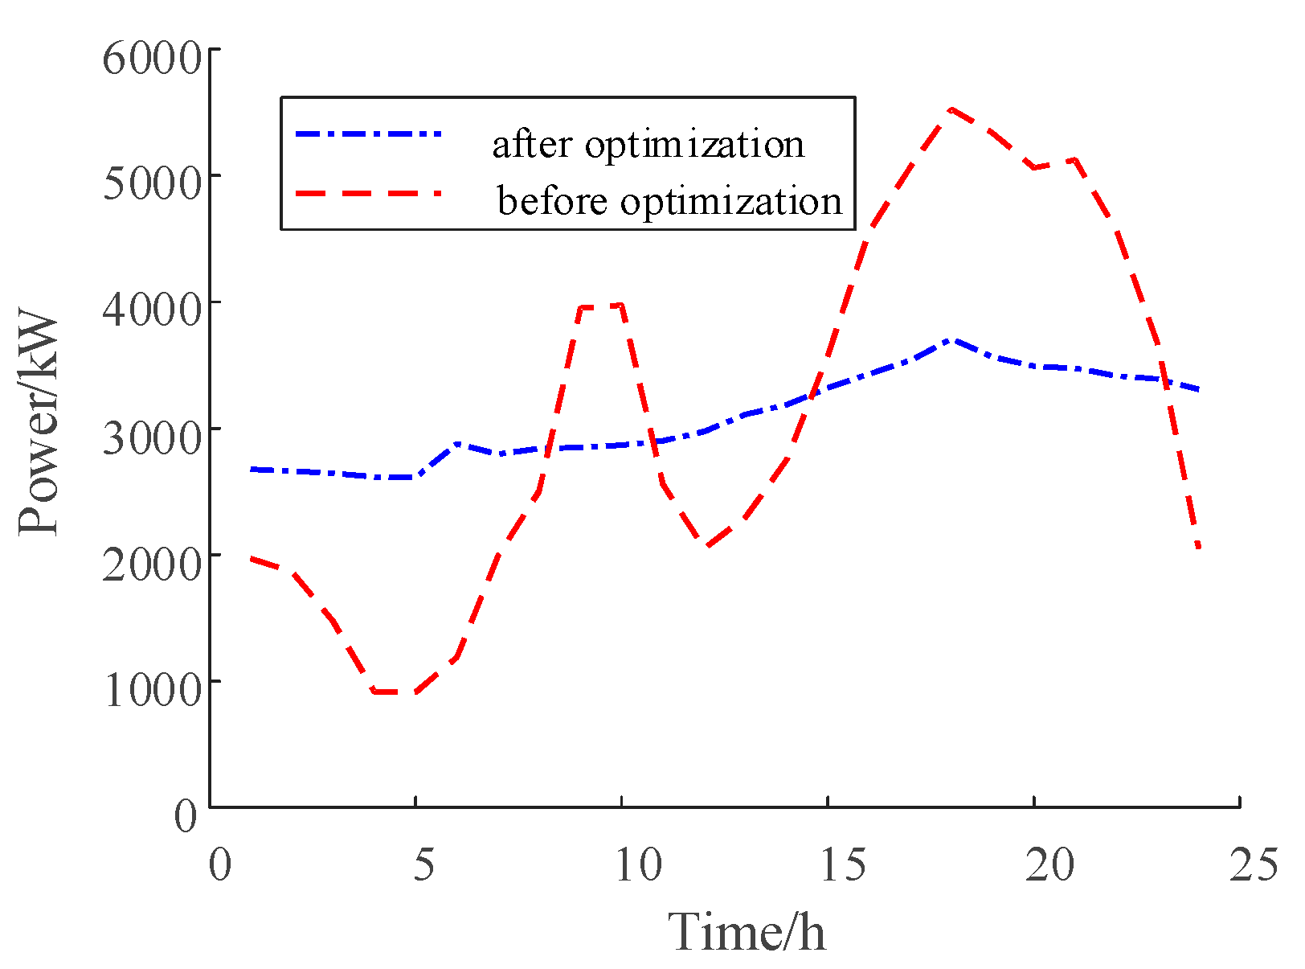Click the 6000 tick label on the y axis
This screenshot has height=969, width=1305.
pyautogui.click(x=150, y=58)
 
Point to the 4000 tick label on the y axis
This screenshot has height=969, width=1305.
pyautogui.click(x=150, y=310)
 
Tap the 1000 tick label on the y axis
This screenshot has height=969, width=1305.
pyautogui.click(x=150, y=689)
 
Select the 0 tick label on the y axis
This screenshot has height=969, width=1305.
pyautogui.click(x=186, y=816)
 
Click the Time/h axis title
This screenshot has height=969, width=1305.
pyautogui.click(x=747, y=933)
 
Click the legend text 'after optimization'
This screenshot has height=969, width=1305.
pyautogui.click(x=648, y=145)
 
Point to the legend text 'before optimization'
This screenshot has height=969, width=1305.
pyautogui.click(x=669, y=201)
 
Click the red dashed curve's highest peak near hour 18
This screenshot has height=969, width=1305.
pyautogui.click(x=951, y=109)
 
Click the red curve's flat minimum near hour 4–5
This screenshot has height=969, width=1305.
pyautogui.click(x=395, y=692)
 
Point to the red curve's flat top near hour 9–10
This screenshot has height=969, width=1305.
pyautogui.click(x=601, y=306)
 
